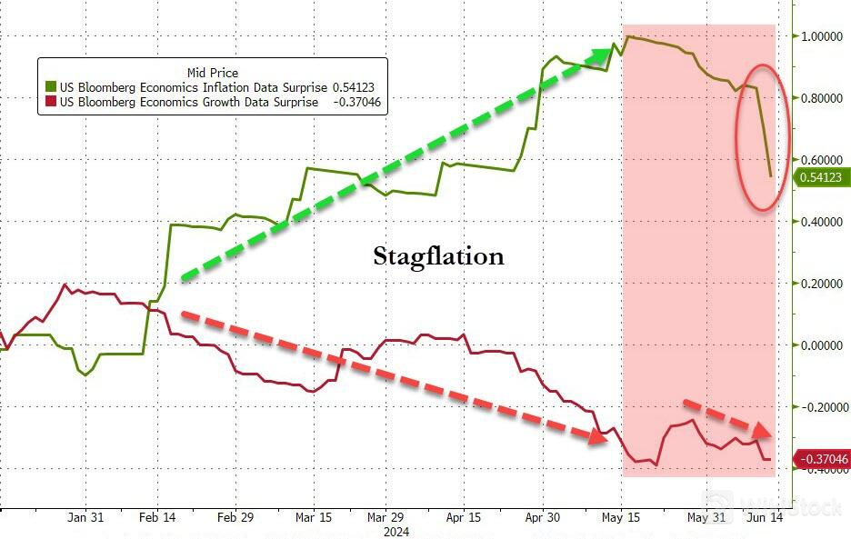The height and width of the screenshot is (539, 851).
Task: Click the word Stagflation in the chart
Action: pos(438,257)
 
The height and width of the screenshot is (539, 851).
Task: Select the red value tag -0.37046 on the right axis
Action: pos(822,460)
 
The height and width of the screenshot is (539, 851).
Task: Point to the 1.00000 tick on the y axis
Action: pos(822,36)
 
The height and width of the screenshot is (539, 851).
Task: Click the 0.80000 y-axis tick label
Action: pos(822,98)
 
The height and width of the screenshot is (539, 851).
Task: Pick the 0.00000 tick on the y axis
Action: pos(822,345)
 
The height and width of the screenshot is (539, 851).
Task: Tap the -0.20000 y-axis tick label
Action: pos(822,407)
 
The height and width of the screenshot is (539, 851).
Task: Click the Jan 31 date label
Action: pos(85,517)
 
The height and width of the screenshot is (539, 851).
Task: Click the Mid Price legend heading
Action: pos(213,72)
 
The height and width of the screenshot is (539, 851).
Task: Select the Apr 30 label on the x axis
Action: pos(543,517)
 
